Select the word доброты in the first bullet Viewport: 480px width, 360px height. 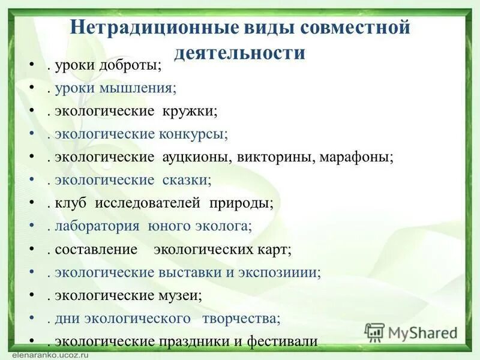click(131, 67)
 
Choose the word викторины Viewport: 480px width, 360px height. click(271, 157)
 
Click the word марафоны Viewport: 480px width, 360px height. click(355, 157)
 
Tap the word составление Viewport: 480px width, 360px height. click(96, 248)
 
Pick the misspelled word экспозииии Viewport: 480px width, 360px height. click(286, 272)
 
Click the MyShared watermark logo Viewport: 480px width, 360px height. click(412, 332)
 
